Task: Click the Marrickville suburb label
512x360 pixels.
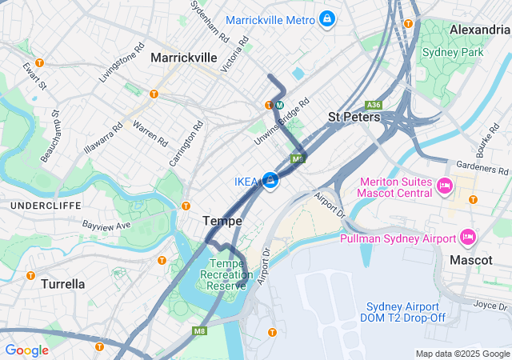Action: pyautogui.click(x=184, y=58)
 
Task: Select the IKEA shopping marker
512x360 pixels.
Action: pyautogui.click(x=270, y=182)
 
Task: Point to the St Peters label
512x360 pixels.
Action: pyautogui.click(x=354, y=118)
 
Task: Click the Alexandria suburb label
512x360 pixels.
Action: pyautogui.click(x=479, y=30)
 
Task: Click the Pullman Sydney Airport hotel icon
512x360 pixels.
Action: pyautogui.click(x=468, y=238)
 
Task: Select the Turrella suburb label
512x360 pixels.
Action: pyautogui.click(x=62, y=283)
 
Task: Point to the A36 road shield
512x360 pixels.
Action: pyautogui.click(x=373, y=105)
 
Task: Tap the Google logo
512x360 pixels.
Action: pyautogui.click(x=27, y=350)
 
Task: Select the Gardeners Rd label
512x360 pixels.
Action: pyautogui.click(x=482, y=168)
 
